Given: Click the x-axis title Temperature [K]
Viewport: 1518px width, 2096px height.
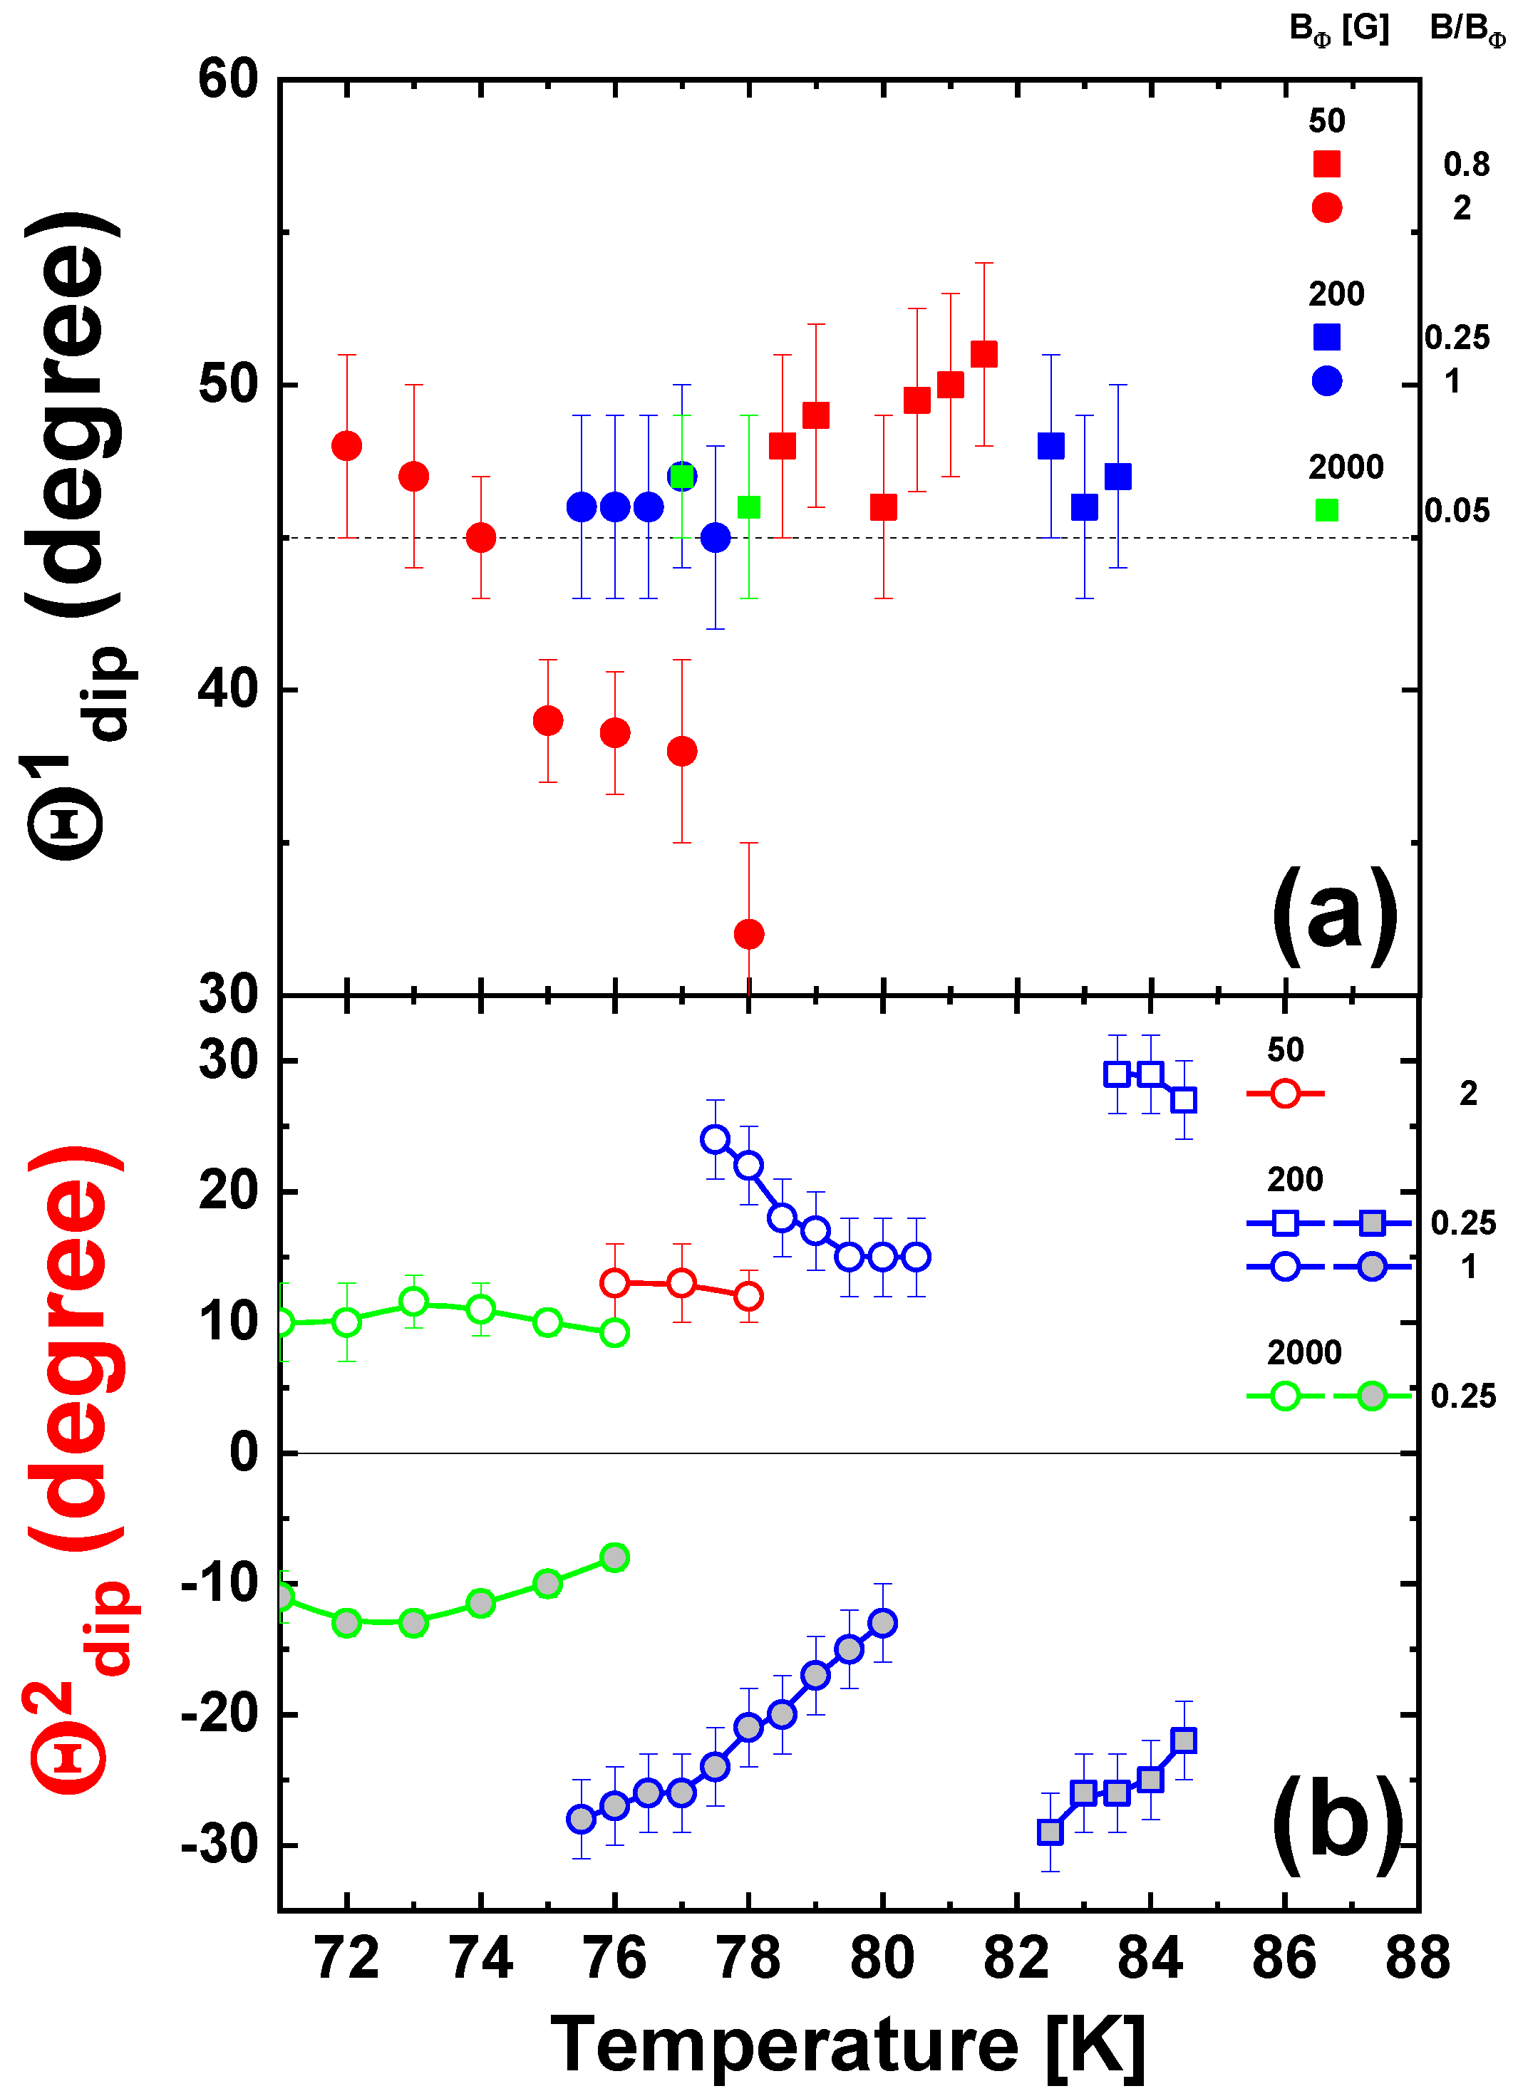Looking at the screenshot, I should (x=848, y=2044).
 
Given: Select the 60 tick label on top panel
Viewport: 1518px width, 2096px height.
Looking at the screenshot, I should (x=227, y=80).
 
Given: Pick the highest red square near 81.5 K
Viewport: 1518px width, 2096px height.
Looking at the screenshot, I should (x=983, y=355).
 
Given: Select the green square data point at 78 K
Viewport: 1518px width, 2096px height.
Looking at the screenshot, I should (x=749, y=507).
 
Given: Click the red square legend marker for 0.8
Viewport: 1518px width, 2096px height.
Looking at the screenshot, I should (x=1326, y=165).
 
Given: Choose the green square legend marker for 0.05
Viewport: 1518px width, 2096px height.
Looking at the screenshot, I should (x=1326, y=510).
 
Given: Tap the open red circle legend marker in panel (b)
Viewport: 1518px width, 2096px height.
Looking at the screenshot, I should (x=1285, y=1094).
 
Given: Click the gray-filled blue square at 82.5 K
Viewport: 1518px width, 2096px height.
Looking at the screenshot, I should (x=1050, y=1832).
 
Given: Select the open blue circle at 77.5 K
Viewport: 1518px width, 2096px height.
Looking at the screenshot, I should (x=715, y=1139).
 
